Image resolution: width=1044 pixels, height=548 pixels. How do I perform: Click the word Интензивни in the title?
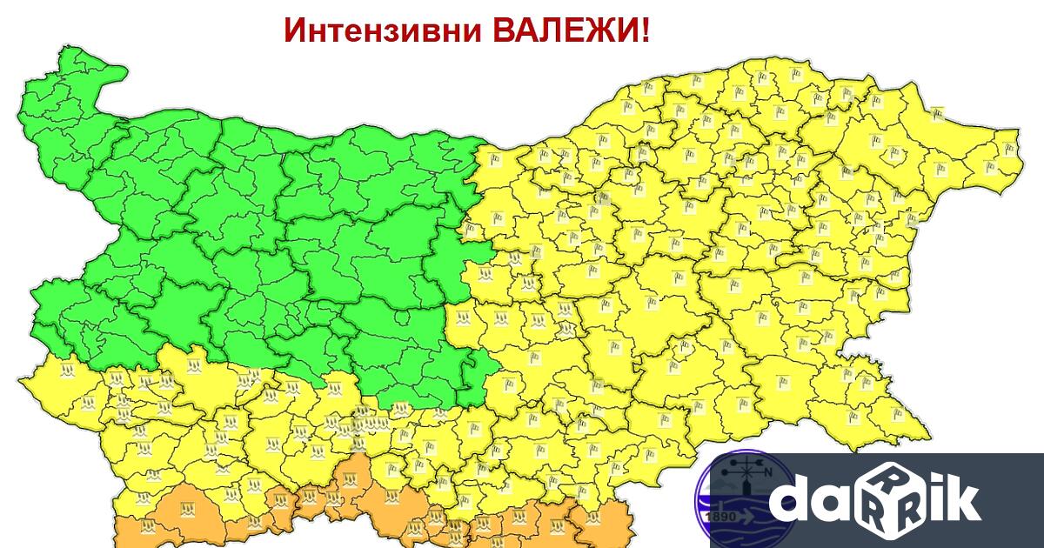point(383,31)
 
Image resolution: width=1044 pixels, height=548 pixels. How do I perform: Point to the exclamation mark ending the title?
point(644,31)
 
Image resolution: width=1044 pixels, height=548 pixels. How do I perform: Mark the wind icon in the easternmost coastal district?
point(1009,148)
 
